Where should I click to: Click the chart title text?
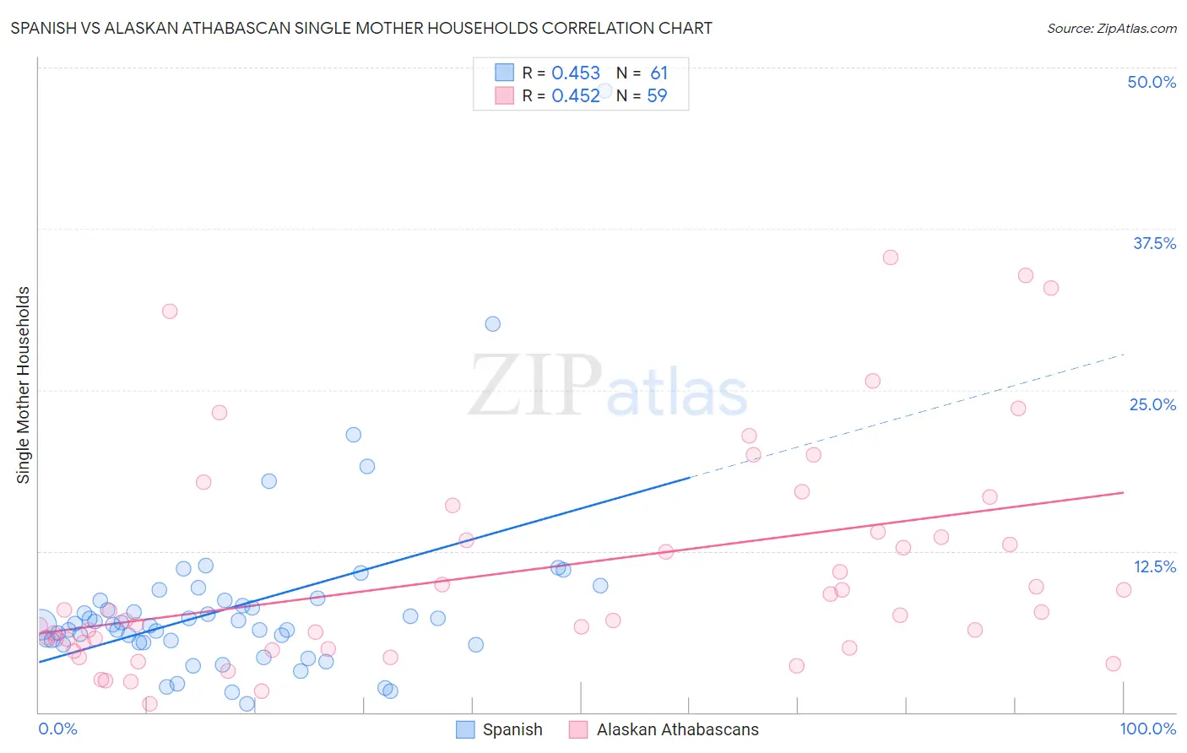(361, 28)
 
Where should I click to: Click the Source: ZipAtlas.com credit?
(1111, 28)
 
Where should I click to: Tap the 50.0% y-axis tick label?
(1152, 82)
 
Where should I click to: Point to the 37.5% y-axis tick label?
(1154, 243)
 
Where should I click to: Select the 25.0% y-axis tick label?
(1152, 404)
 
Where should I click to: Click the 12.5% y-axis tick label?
(1154, 566)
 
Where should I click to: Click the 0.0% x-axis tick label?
(57, 729)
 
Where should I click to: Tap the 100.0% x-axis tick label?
(1147, 729)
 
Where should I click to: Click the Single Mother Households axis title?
(23, 385)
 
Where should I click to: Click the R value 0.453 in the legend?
(576, 73)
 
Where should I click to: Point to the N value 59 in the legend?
(657, 96)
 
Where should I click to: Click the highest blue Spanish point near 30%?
(492, 324)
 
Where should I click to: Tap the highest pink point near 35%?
(891, 257)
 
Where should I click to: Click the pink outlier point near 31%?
(170, 311)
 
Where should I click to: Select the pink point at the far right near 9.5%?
(1123, 590)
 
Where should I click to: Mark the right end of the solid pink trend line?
(1124, 492)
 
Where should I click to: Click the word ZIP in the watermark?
(535, 386)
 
